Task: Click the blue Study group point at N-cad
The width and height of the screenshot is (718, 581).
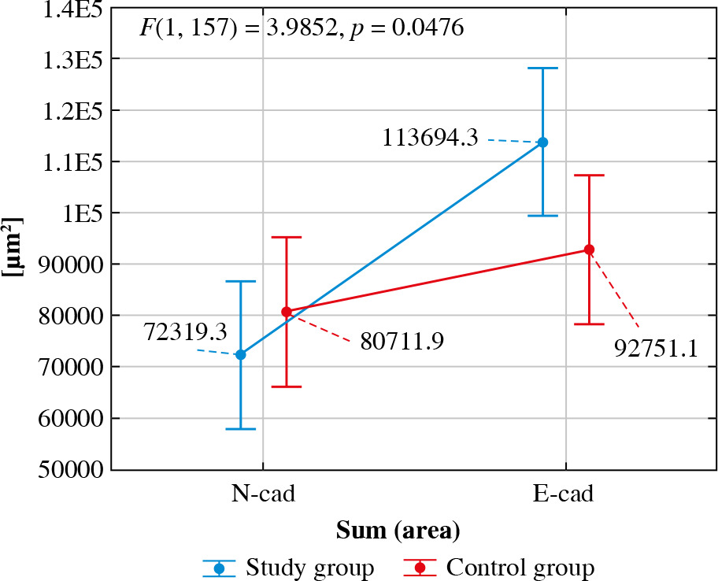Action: [x=241, y=355]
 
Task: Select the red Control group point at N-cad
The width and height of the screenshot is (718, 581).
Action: [x=287, y=312]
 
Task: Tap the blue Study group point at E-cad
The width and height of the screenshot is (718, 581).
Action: [x=542, y=142]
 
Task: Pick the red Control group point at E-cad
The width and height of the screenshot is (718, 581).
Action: [x=589, y=250]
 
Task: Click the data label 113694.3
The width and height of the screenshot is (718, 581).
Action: [x=430, y=139]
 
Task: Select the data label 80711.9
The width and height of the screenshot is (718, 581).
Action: [x=402, y=342]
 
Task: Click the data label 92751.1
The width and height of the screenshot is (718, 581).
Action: [x=656, y=348]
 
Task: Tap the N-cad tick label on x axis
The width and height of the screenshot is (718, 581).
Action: [x=263, y=494]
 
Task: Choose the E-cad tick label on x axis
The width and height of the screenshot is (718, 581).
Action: [x=563, y=494]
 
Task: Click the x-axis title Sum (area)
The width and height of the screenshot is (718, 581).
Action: [x=398, y=530]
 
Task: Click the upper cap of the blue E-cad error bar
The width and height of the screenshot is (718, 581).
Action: [x=542, y=68]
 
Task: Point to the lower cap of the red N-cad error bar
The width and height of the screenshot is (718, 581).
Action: [x=287, y=387]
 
